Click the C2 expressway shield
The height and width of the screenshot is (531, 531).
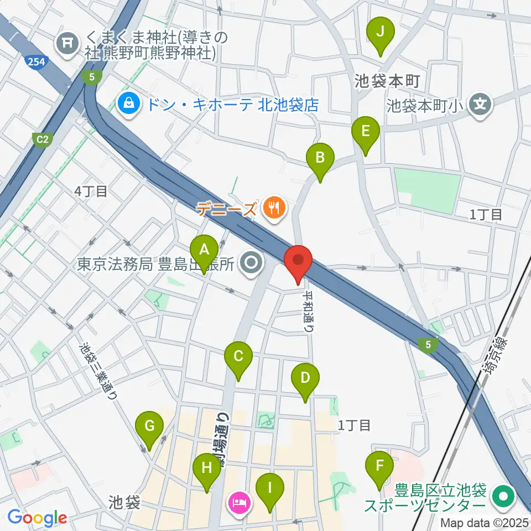43,139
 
